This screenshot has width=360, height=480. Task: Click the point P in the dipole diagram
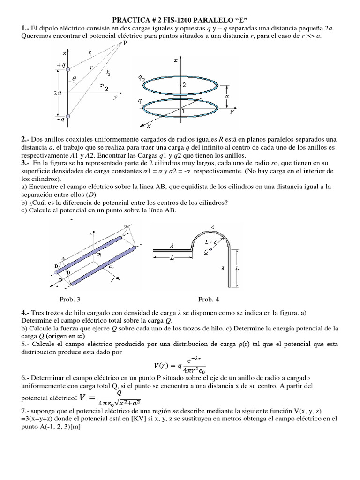click(125, 44)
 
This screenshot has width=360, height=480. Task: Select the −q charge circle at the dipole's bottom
click(68, 116)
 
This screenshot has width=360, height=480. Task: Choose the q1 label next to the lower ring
click(141, 100)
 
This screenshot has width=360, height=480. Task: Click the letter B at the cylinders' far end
click(125, 227)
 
